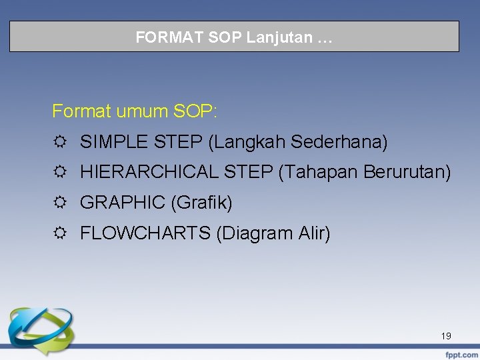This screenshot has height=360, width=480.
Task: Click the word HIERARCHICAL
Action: (150, 173)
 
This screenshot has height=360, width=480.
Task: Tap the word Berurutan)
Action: (407, 173)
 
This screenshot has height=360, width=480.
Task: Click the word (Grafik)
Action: (201, 203)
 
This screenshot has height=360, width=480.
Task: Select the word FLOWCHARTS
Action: (145, 234)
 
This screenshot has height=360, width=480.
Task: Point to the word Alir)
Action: (314, 234)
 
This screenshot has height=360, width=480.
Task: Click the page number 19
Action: (446, 336)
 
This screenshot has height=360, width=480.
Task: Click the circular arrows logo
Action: (33, 330)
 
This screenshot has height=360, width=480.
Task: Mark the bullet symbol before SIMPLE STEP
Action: (60, 143)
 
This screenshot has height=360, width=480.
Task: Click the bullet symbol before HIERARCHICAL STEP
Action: (60, 173)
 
